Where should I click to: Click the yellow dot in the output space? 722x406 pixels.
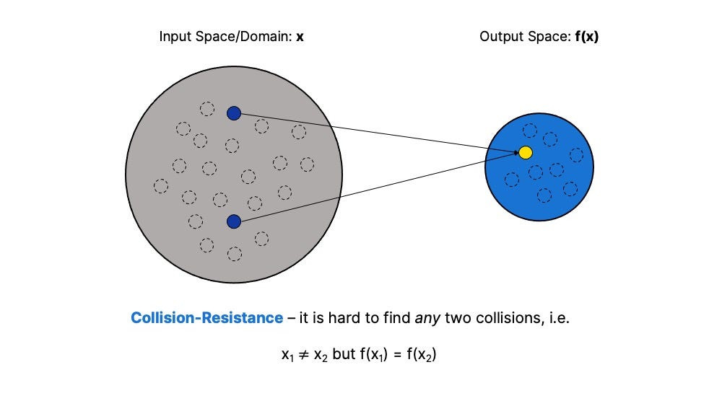526,152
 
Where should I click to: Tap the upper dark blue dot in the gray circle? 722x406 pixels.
233,113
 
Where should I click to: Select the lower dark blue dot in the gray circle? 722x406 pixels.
233,221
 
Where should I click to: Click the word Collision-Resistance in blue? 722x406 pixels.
206,317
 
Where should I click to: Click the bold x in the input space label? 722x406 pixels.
300,36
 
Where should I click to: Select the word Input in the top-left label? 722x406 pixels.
173,36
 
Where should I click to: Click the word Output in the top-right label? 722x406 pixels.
496,36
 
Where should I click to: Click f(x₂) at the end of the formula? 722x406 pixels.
421,355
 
